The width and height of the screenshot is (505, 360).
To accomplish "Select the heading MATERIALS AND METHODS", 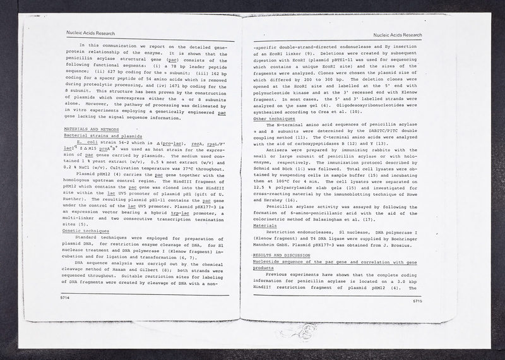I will tap(89, 129).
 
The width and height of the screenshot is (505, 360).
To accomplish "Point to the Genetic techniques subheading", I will tap(86, 232).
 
